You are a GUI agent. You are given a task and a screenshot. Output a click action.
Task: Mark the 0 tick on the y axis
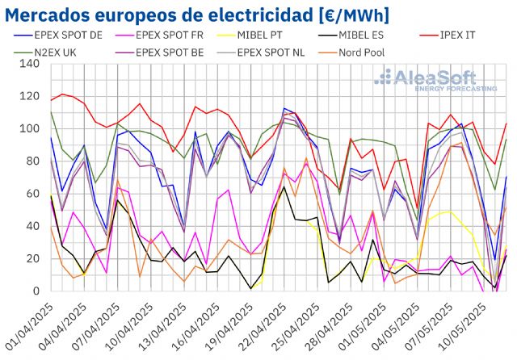[39, 291]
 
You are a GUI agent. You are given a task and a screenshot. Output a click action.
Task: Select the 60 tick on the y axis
[35, 194]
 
